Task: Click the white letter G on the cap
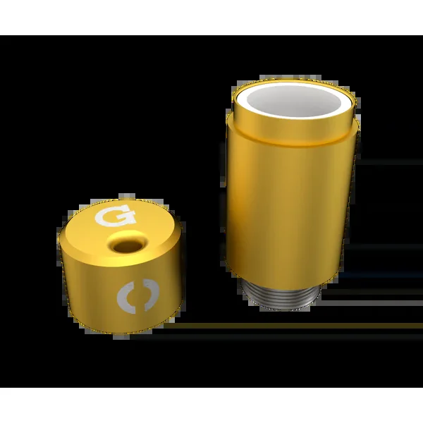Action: tap(115, 215)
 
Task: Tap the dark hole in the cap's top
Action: tap(128, 246)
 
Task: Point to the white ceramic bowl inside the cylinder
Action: tap(294, 100)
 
